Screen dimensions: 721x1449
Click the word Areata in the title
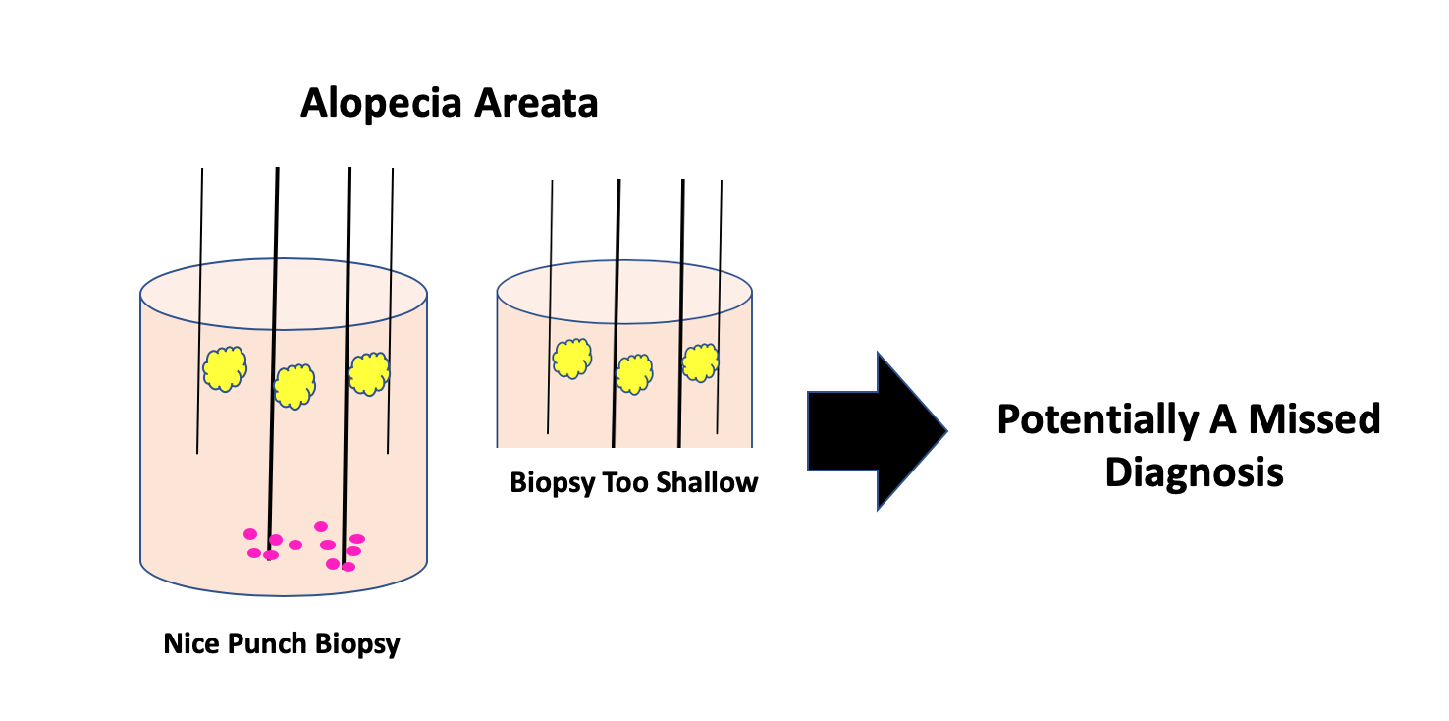pyautogui.click(x=537, y=103)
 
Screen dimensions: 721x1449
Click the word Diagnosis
pyautogui.click(x=1194, y=472)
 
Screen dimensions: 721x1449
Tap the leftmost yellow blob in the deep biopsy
pyautogui.click(x=225, y=368)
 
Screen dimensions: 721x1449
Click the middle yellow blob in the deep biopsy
pyautogui.click(x=294, y=386)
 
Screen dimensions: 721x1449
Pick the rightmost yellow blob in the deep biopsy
pyautogui.click(x=369, y=373)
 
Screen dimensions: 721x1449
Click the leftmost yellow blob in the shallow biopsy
pyautogui.click(x=571, y=359)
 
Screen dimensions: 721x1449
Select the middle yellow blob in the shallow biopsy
pyautogui.click(x=634, y=373)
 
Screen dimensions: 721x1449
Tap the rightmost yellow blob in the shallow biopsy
pyautogui.click(x=701, y=362)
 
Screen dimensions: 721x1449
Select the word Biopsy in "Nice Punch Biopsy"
pyautogui.click(x=357, y=644)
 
